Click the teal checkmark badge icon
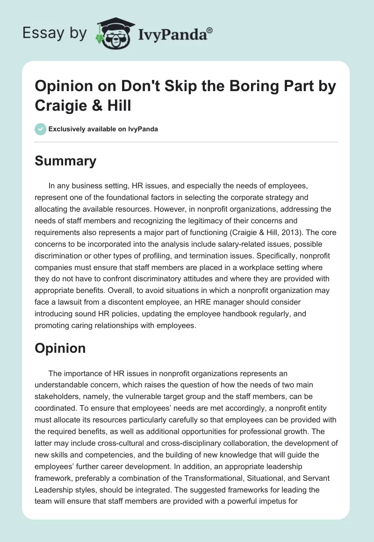[x=41, y=129]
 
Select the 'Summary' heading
[x=65, y=161]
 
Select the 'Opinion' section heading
[x=60, y=348]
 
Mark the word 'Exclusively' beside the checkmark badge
[x=69, y=129]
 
